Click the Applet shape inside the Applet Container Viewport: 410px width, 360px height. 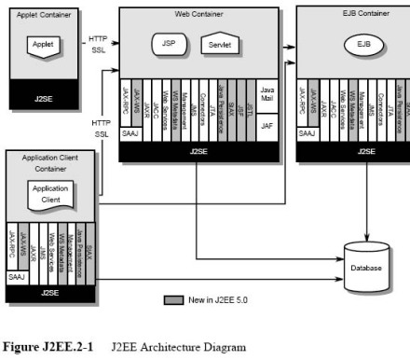click(x=42, y=45)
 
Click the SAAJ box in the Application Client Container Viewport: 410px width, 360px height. click(x=16, y=278)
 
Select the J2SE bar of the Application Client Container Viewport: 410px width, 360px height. click(x=50, y=293)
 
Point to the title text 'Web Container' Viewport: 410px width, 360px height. click(x=199, y=15)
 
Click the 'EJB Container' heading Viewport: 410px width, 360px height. click(x=359, y=15)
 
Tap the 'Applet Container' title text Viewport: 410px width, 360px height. click(x=43, y=16)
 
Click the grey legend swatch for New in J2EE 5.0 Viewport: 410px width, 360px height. click(x=172, y=300)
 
